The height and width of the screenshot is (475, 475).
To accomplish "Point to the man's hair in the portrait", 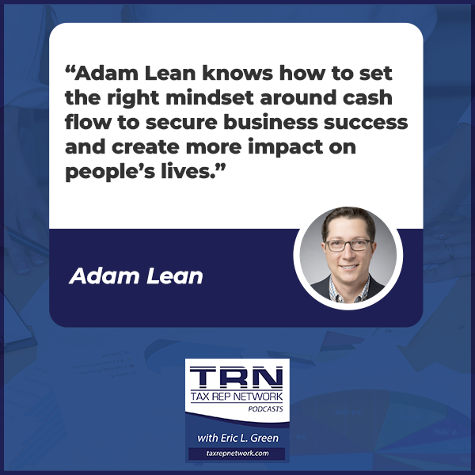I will [347, 220].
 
